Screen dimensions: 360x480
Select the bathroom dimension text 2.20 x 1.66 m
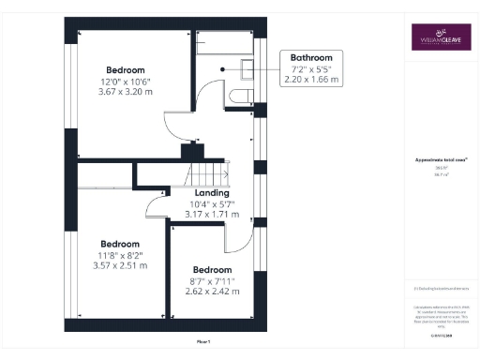tap(310, 80)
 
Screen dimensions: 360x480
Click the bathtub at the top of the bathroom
tap(224, 43)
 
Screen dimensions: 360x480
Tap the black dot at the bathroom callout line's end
tap(222, 68)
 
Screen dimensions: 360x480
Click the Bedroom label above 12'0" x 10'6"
tap(125, 70)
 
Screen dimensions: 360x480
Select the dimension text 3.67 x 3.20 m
tap(125, 93)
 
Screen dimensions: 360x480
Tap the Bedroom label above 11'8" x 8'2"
tap(120, 244)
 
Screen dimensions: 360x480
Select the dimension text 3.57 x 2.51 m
tap(120, 265)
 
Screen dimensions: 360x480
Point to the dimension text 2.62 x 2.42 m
tap(212, 291)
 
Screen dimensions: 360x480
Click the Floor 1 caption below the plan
tap(203, 342)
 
